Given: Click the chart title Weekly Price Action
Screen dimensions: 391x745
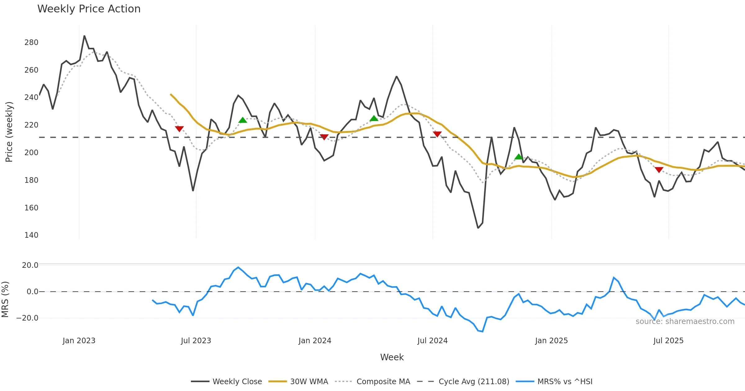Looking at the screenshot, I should tap(89, 9).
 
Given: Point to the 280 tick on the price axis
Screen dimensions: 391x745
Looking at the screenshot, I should tap(31, 43).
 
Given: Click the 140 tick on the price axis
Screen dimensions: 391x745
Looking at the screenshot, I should tap(31, 235).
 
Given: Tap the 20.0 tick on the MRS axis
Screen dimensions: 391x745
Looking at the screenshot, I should tap(30, 265).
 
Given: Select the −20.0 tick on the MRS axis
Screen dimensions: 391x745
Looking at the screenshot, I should tap(27, 318).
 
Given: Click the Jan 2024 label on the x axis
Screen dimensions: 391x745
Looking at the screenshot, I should tap(315, 341).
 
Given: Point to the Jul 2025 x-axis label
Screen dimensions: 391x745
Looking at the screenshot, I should tap(668, 341).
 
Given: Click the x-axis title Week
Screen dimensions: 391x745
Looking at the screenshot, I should tap(392, 357).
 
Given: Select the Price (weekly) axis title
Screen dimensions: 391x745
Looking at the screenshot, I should tap(9, 132).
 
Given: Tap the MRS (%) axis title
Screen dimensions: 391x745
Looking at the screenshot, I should tap(5, 299).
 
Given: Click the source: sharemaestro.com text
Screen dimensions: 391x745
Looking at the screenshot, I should tap(685, 321).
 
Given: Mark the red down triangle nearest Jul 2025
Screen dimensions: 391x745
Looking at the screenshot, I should tap(659, 170).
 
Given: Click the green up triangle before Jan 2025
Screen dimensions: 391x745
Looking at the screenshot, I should tap(519, 157).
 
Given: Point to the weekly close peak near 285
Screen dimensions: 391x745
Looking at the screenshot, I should tap(84, 36).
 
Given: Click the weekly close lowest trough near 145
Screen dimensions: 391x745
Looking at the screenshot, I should tap(478, 228).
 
